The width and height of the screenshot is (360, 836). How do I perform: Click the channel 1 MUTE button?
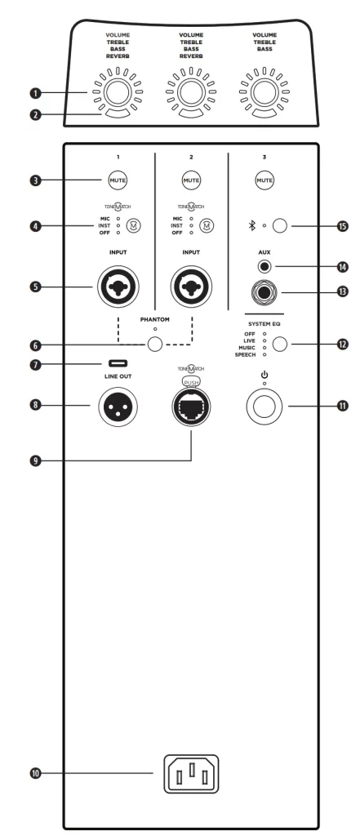tap(118, 180)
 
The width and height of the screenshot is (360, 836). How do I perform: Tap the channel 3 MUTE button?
tap(264, 180)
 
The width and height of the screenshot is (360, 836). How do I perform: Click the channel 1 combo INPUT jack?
tap(118, 287)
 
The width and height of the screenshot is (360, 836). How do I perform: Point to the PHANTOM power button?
tap(154, 344)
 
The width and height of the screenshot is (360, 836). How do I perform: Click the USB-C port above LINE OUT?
tap(118, 363)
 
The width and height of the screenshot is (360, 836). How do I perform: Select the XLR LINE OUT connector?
tap(118, 407)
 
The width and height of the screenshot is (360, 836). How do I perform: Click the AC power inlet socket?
tap(191, 774)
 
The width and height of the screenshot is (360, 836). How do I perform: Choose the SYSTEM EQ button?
tap(279, 345)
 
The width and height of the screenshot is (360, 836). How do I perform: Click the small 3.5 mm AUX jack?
tap(264, 267)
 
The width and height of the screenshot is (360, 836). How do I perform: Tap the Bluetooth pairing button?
tap(279, 226)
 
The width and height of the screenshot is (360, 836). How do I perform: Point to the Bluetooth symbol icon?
tap(253, 226)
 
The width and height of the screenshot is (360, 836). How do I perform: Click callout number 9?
tap(35, 460)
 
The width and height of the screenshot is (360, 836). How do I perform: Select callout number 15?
tap(342, 226)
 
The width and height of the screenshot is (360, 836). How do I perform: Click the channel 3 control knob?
tap(264, 92)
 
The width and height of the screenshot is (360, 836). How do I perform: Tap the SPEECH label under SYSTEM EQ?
tap(246, 354)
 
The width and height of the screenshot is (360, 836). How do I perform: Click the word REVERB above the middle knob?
tap(191, 56)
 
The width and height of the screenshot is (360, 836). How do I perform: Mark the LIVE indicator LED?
tap(264, 340)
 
